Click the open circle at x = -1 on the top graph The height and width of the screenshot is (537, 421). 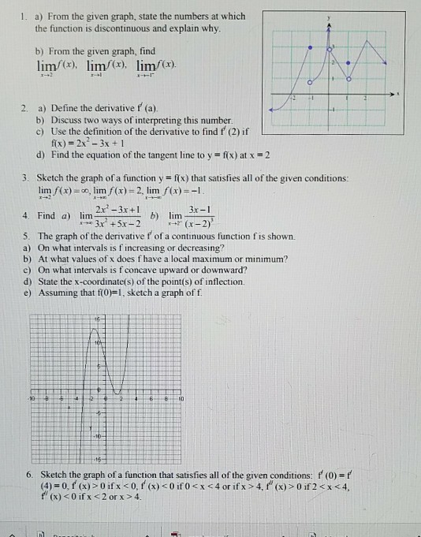pyautogui.click(x=311, y=82)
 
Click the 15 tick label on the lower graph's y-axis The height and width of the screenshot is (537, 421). pyautogui.click(x=99, y=317)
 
